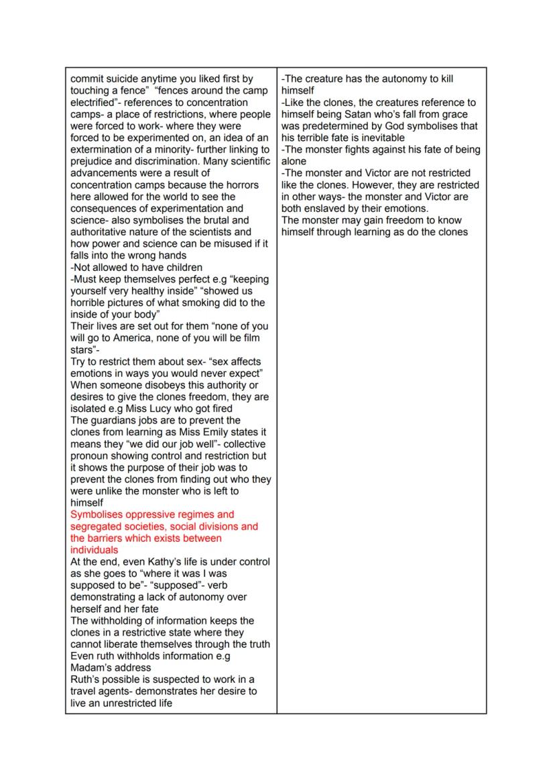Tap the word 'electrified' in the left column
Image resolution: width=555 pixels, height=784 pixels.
pos(95,103)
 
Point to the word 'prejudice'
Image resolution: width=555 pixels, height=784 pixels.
pos(93,162)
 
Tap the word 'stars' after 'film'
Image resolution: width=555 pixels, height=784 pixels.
pos(84,350)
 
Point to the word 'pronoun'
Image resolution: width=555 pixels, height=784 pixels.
pos(91,456)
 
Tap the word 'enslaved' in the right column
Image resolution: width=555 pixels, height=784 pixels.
pos(329,209)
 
